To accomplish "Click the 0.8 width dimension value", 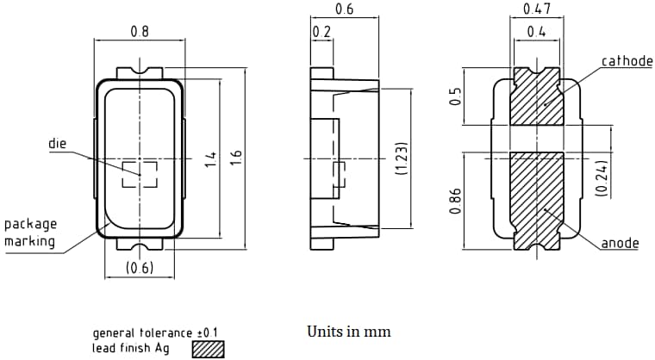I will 139,32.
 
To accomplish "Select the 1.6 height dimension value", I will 236,158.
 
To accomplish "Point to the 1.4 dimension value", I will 209,158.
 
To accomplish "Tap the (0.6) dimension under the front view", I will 139,268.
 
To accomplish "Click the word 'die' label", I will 57,144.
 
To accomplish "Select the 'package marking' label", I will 29,233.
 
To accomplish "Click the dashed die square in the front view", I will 139,175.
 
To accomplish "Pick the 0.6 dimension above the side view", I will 344,10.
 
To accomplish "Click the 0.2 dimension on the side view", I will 321,32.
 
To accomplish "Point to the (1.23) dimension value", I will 400,159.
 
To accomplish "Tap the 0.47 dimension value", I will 537,10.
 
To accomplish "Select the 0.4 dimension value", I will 536,32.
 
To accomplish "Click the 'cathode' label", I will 627,61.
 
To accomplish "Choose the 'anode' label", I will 620,243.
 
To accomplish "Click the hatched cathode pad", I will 535,96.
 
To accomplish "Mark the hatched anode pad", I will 536,198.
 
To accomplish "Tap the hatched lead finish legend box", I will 208,348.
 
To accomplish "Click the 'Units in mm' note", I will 348,332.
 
